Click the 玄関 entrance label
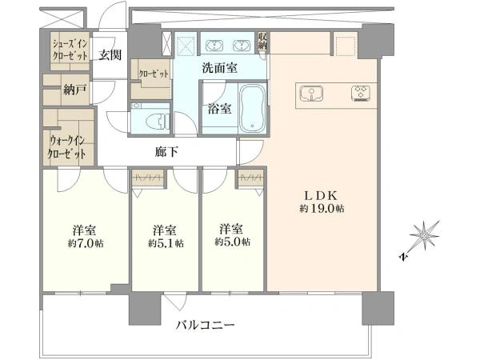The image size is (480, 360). (110, 55)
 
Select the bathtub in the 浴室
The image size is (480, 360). (253, 107)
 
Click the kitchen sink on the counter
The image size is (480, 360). (311, 94)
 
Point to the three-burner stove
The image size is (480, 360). (360, 94)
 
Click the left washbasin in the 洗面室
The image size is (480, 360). (215, 46)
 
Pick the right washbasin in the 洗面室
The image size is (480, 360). (242, 46)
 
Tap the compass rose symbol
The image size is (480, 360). (425, 235)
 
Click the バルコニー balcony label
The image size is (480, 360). (205, 325)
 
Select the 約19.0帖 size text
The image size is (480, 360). (322, 209)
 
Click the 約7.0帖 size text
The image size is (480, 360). (86, 243)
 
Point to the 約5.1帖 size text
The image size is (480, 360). (166, 243)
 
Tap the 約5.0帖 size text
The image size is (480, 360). (232, 242)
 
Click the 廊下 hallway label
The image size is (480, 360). (166, 152)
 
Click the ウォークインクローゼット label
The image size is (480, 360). (67, 147)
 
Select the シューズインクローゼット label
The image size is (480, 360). (70, 50)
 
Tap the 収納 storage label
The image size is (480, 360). (262, 42)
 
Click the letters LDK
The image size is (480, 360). (320, 194)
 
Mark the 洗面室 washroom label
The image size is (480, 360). (219, 68)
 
